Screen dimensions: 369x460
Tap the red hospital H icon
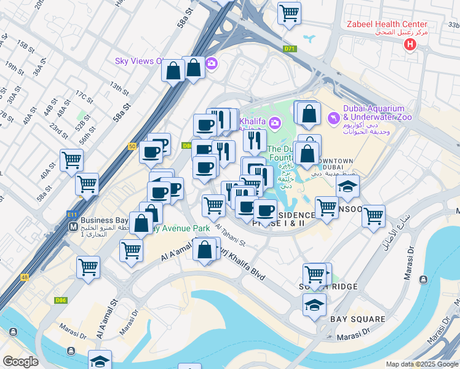(409, 44)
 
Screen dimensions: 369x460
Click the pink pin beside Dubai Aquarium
(333, 117)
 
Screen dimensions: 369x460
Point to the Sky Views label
(138, 61)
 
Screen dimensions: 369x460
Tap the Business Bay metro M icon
(73, 226)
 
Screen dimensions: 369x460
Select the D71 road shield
(290, 49)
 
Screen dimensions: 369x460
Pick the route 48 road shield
(25, 277)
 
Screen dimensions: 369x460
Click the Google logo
(20, 362)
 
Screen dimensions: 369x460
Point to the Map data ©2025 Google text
(422, 364)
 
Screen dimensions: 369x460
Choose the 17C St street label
(84, 98)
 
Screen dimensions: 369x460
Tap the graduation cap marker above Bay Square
(314, 304)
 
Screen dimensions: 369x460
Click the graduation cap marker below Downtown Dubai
(347, 188)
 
